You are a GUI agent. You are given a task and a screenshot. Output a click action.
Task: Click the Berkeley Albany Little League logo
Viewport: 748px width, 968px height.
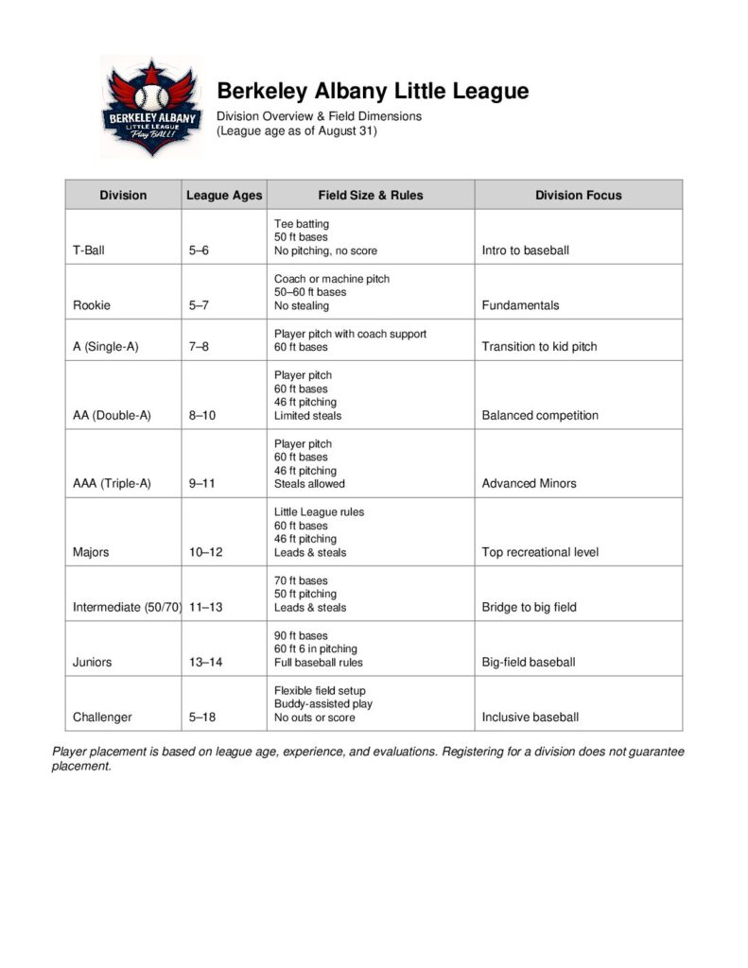tap(151, 107)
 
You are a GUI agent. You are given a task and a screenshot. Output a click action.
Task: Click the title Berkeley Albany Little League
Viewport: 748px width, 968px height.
tap(373, 91)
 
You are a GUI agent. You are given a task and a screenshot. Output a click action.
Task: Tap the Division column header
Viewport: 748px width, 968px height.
tap(123, 195)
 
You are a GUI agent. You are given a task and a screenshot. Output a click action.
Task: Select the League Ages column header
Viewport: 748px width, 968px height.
tap(224, 195)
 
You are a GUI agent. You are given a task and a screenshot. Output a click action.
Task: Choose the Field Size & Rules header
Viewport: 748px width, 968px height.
tap(371, 195)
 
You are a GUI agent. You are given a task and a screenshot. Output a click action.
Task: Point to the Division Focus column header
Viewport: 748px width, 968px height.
tap(578, 195)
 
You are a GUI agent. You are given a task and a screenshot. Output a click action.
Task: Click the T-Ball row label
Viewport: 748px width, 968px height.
tap(89, 251)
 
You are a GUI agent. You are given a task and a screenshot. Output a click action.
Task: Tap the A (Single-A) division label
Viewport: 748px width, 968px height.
tap(105, 347)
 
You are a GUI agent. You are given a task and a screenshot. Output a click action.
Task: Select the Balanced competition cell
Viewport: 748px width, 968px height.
tap(540, 415)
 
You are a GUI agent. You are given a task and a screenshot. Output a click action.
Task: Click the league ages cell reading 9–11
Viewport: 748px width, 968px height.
tap(202, 483)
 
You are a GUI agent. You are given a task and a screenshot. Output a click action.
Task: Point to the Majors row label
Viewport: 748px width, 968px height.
tap(91, 552)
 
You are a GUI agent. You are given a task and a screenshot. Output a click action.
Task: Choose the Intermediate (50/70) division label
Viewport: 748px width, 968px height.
tap(127, 607)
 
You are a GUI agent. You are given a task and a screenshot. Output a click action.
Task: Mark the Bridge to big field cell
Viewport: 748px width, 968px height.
tap(529, 607)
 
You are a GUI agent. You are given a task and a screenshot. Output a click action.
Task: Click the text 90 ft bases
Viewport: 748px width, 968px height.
tap(301, 635)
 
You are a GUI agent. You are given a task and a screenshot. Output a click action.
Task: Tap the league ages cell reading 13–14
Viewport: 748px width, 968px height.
tap(205, 662)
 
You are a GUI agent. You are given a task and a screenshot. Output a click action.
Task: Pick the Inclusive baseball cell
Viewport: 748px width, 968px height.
tap(530, 717)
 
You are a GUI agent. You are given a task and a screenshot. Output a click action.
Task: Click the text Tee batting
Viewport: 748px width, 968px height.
tap(302, 223)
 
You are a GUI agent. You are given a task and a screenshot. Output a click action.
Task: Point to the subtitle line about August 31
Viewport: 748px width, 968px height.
tap(297, 130)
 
